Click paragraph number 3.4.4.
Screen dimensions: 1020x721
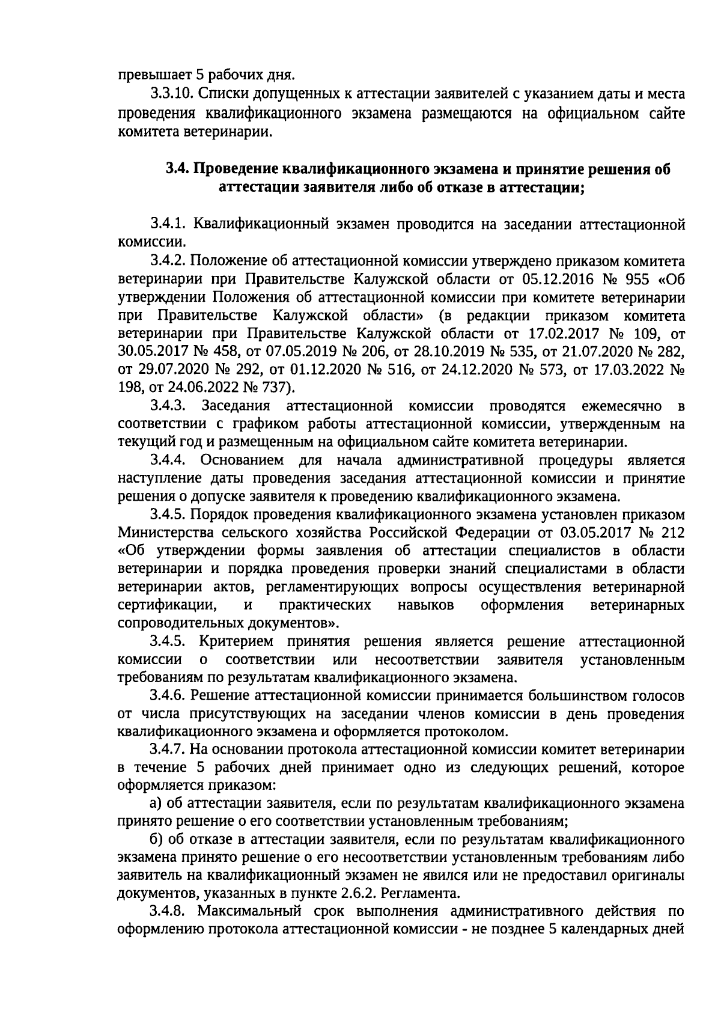(x=170, y=461)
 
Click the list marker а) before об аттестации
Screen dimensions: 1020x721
(x=156, y=803)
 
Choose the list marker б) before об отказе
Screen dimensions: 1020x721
(x=156, y=838)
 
